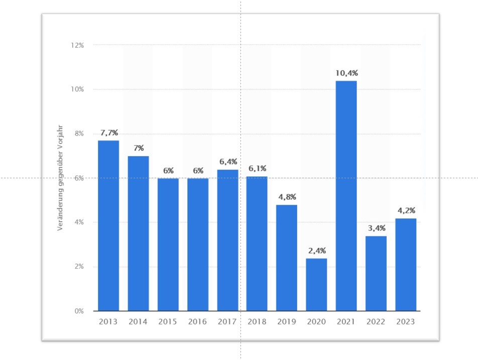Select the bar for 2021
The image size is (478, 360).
tap(346, 196)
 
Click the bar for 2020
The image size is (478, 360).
tap(316, 285)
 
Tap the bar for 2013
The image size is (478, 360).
tap(108, 225)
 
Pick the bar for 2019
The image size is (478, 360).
tap(287, 258)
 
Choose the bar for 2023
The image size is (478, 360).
tap(406, 265)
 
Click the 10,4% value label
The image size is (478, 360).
tap(346, 73)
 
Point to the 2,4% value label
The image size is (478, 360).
tap(316, 251)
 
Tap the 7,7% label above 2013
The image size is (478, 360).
tap(109, 133)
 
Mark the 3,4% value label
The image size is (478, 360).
tap(376, 228)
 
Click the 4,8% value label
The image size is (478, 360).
tap(287, 197)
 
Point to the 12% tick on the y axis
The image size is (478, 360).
tap(78, 45)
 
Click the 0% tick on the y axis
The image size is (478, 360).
tap(79, 311)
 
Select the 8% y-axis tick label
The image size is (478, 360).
tap(79, 134)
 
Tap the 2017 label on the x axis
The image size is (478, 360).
tap(227, 321)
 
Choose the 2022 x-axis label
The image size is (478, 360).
tap(376, 321)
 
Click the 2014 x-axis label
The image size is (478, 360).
tap(138, 321)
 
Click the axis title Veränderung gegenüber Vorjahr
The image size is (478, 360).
tap(60, 178)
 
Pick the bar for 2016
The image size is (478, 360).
tap(198, 245)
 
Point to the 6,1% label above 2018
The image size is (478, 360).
tap(258, 168)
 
